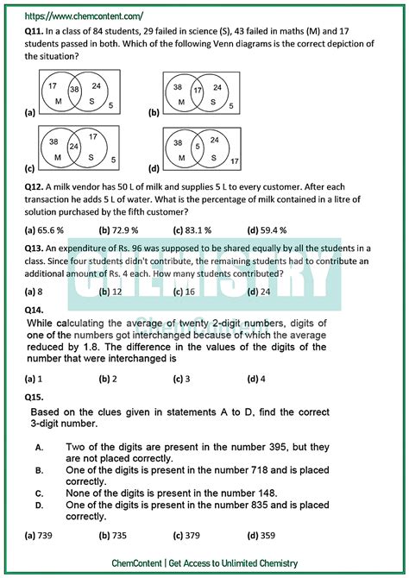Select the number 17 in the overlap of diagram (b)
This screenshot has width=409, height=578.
(197, 89)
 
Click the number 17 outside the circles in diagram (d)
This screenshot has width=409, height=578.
(234, 161)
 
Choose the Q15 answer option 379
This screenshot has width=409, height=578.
(192, 536)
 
